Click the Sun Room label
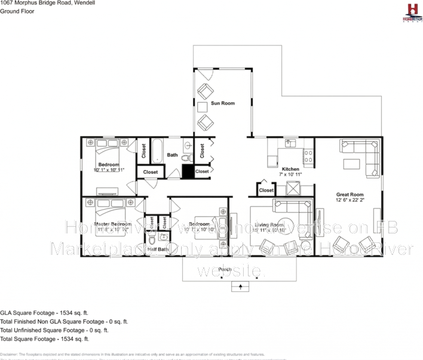pos(222,103)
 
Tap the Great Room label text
pos(350,194)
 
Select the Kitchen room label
pos(291,169)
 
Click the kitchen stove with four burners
pos(308,158)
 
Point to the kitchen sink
pos(290,143)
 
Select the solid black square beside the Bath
pos(188,171)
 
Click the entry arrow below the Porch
pos(241,287)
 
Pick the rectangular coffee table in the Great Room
pos(352,164)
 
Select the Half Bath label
pos(158,249)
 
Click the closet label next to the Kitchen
pos(266,190)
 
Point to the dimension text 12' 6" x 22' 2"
pos(350,201)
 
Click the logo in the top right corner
pos(411,11)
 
